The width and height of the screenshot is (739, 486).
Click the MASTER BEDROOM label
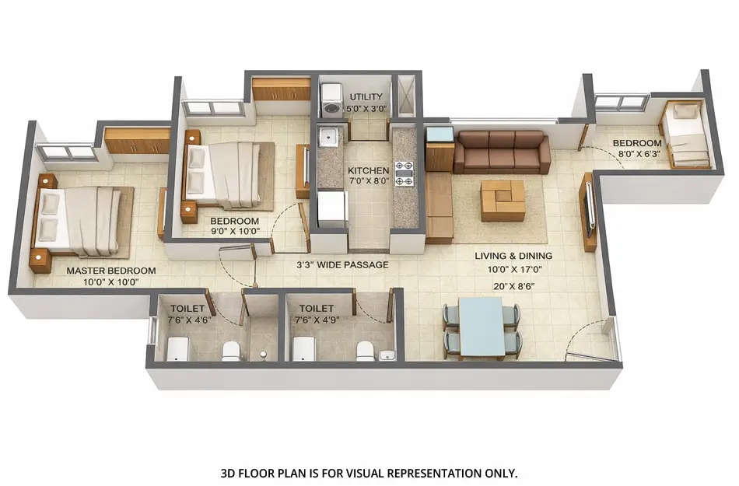[x=110, y=271]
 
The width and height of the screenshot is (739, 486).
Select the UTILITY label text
[x=366, y=97]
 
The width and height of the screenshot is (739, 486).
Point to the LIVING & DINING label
[x=513, y=256]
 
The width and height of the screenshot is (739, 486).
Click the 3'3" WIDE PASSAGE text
[x=342, y=264]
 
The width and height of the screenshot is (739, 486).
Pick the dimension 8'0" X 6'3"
[x=637, y=155]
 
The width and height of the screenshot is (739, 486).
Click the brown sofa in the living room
[x=502, y=152]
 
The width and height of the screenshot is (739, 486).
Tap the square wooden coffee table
[x=502, y=201]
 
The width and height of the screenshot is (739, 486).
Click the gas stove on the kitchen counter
[x=404, y=173]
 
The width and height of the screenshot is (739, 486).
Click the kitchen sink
[x=330, y=138]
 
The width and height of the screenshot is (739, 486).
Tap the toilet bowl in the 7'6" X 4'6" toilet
[x=231, y=351]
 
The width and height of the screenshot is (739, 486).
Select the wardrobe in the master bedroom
[x=137, y=142]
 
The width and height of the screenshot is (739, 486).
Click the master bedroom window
[x=66, y=153]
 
